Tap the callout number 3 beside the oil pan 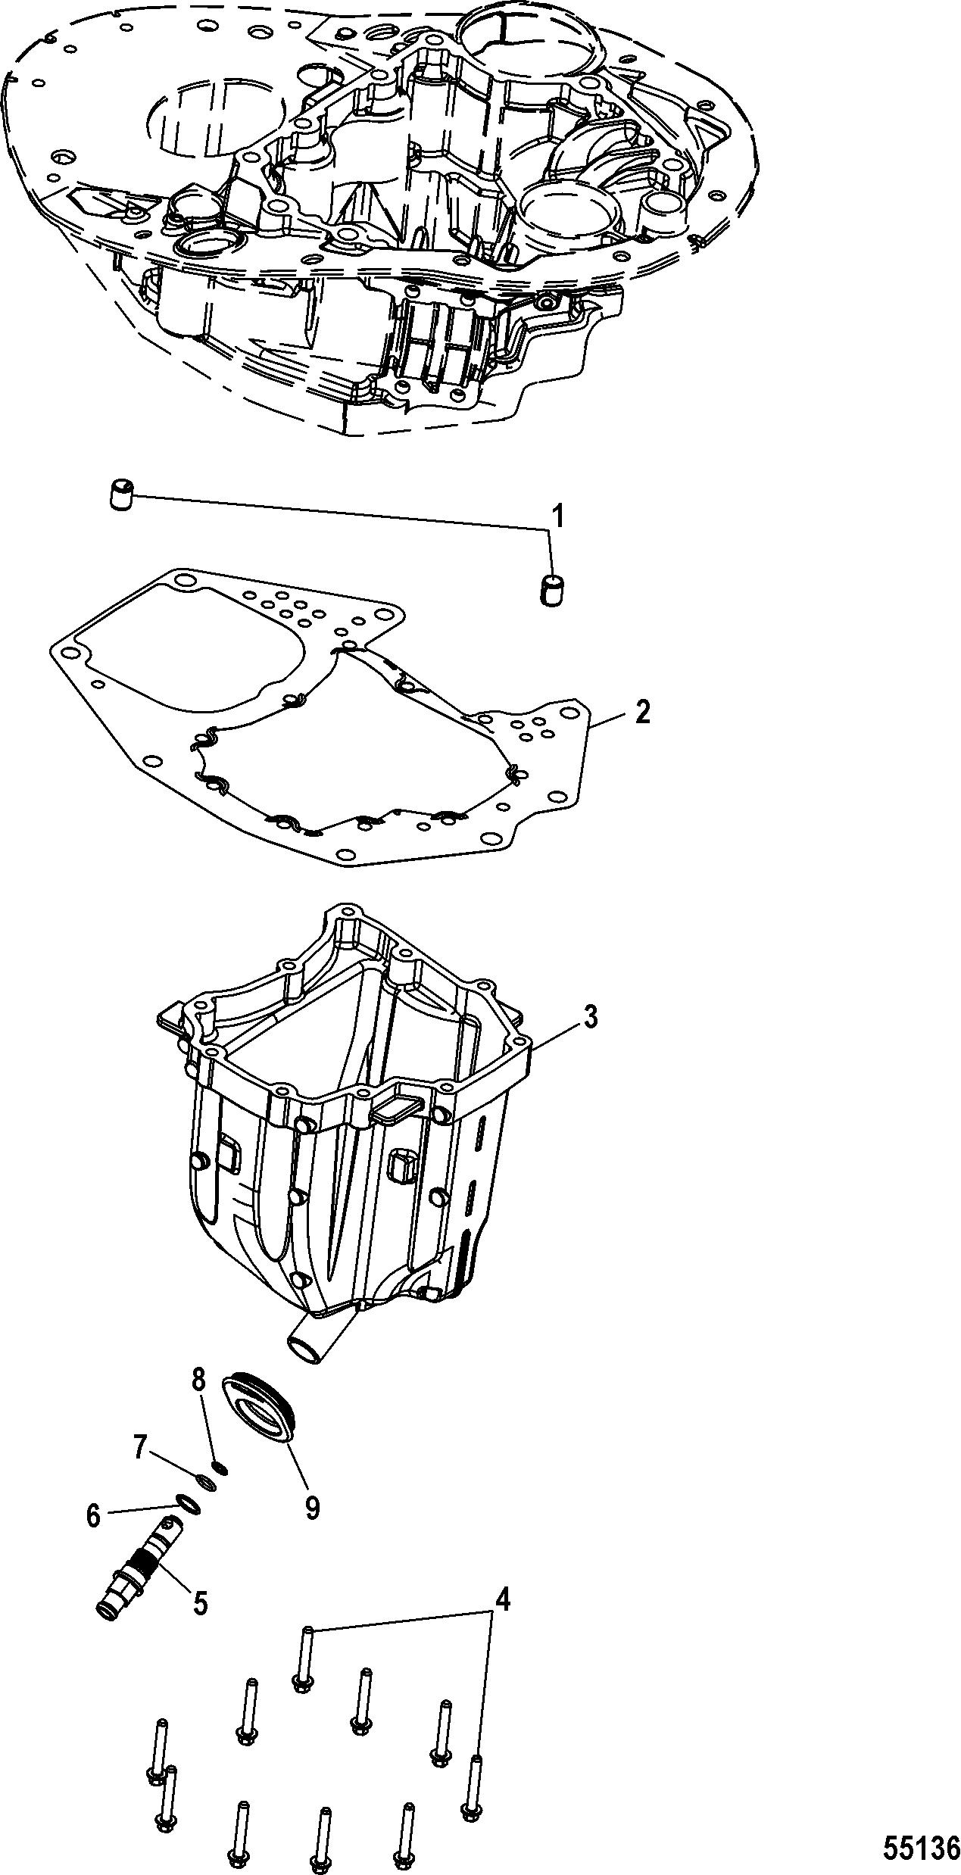click(591, 1017)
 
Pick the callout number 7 click(139, 1447)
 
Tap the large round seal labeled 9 click(261, 1402)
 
